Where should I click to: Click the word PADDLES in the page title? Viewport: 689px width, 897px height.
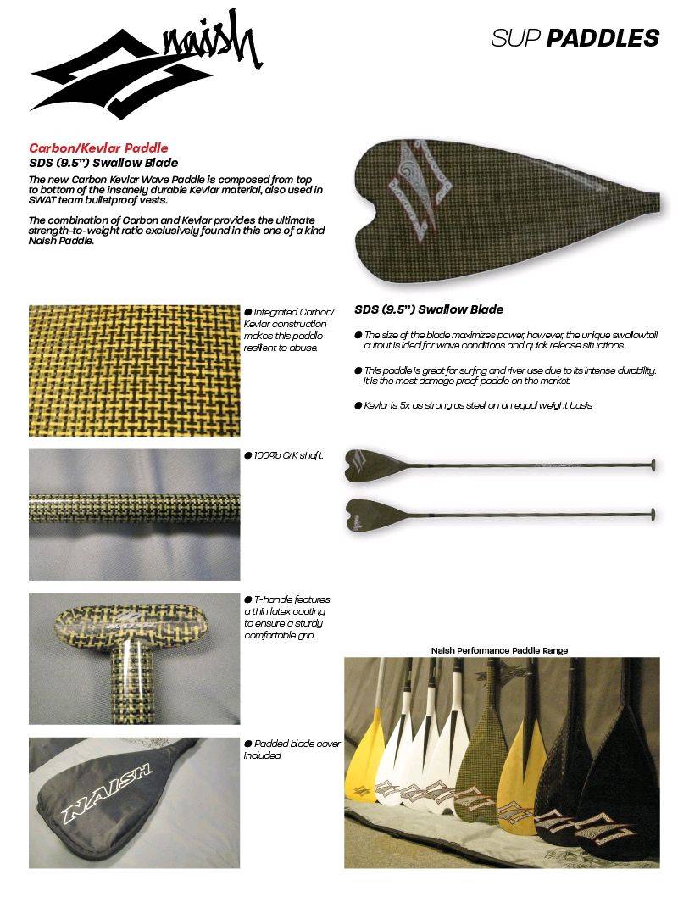pyautogui.click(x=603, y=38)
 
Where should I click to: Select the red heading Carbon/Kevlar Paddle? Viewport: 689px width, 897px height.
pyautogui.click(x=98, y=148)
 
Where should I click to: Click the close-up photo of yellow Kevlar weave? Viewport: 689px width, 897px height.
pyautogui.click(x=134, y=370)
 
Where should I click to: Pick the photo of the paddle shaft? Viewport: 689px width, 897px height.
pyautogui.click(x=134, y=514)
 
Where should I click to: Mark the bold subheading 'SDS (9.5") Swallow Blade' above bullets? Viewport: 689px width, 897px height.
pyautogui.click(x=429, y=309)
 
